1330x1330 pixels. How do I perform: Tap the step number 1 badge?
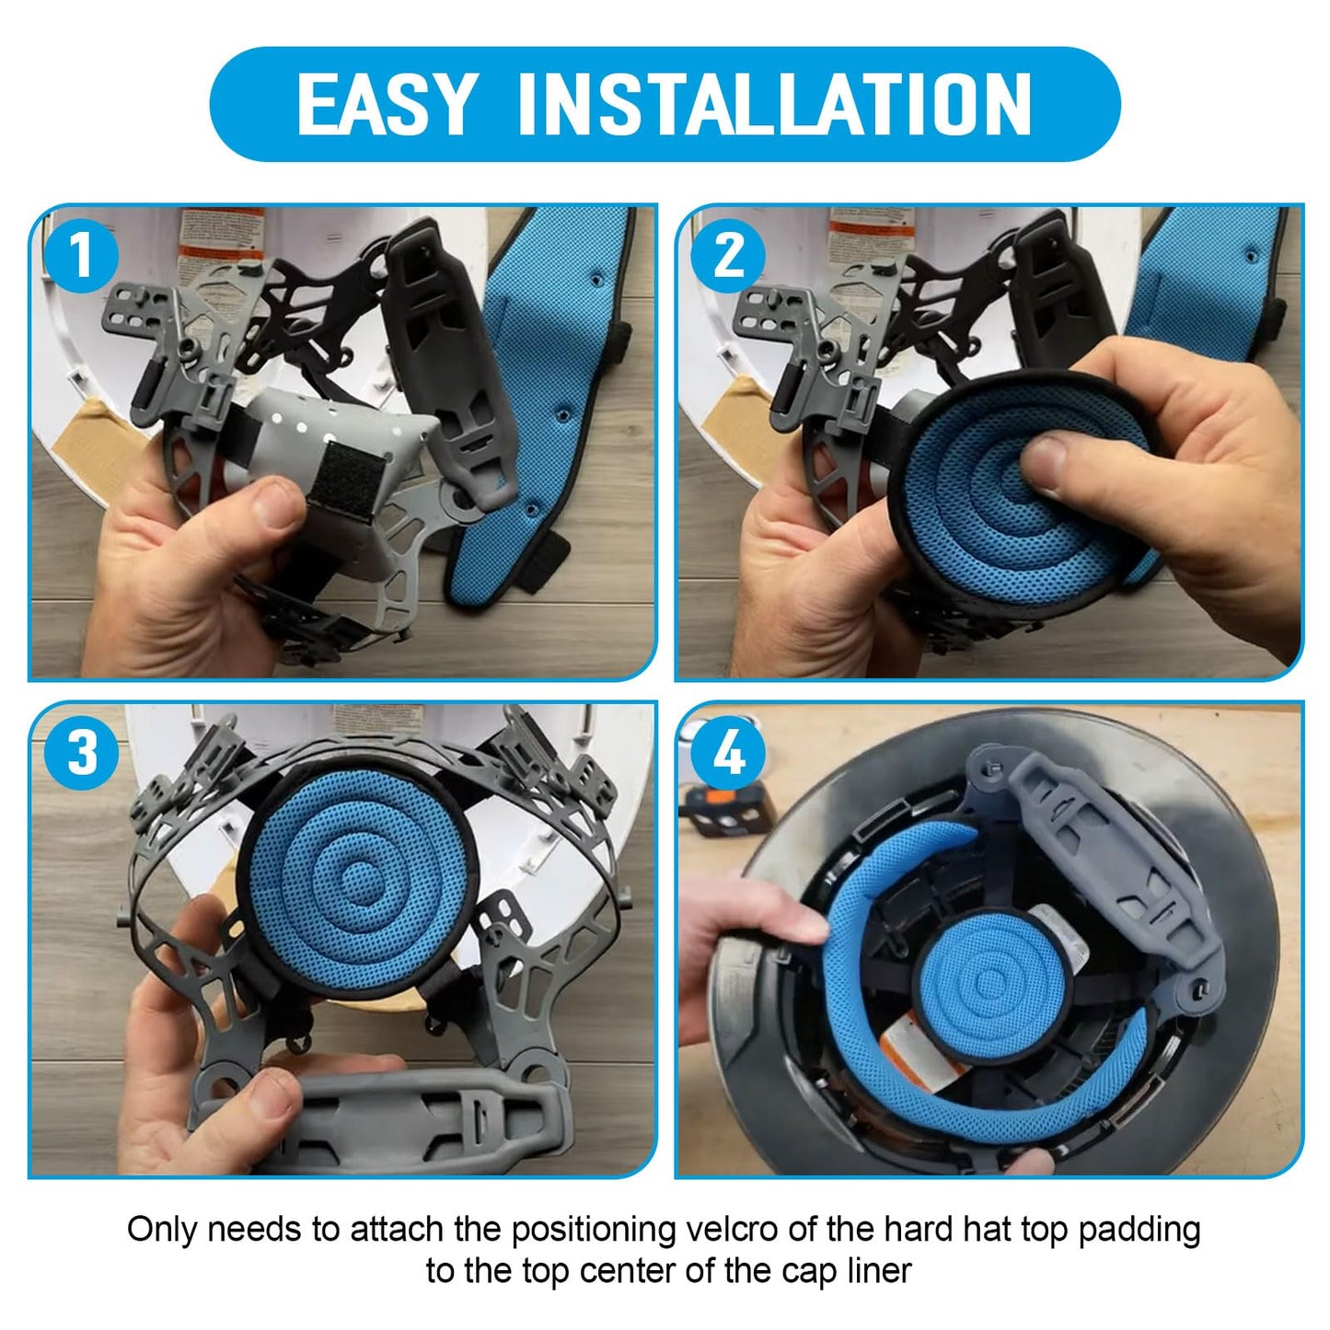pos(82,254)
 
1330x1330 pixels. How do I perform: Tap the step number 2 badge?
pos(729,254)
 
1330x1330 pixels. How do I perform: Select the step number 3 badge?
pos(82,753)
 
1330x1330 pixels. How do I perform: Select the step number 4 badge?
pos(729,753)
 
